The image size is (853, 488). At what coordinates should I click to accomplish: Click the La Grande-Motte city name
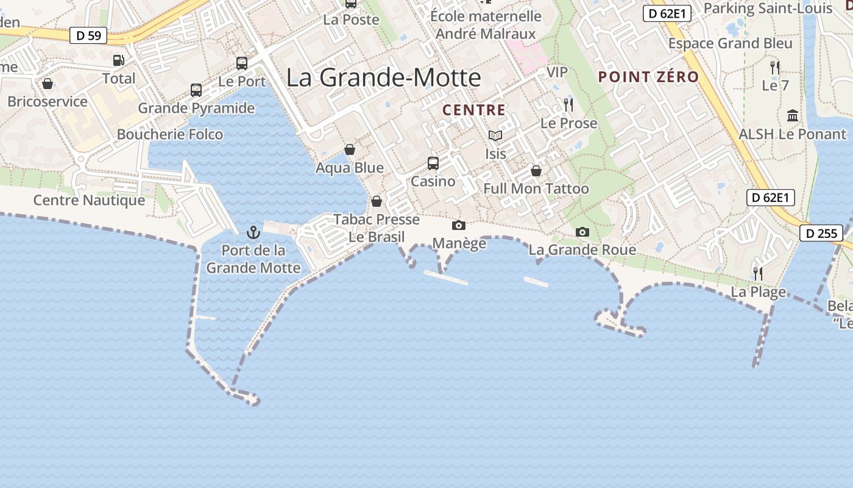384,77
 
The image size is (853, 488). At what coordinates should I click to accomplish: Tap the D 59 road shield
88,35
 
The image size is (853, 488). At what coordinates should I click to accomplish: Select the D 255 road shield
821,233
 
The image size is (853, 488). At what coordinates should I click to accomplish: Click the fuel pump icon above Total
119,60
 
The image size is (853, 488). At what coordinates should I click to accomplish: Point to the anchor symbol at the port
253,232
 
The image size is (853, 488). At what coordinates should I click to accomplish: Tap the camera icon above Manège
459,226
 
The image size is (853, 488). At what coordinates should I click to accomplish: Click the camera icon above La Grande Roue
582,232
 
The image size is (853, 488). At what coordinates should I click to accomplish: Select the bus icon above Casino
433,163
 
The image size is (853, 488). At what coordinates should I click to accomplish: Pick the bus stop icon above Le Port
242,63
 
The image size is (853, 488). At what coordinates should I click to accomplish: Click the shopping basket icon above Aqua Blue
350,149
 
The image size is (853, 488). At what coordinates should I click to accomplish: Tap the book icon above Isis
495,135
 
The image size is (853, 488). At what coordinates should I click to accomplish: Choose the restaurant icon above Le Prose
568,105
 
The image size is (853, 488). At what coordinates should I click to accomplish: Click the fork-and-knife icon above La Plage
758,273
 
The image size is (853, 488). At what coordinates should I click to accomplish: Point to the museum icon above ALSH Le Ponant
793,115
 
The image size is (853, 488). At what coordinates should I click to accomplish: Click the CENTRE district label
474,110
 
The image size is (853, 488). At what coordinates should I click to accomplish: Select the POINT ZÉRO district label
648,77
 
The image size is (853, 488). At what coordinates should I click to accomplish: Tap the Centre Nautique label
89,200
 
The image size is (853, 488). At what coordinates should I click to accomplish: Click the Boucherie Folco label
170,134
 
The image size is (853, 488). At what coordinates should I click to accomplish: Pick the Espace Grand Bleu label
731,43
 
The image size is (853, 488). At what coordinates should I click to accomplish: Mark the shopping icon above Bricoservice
48,84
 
